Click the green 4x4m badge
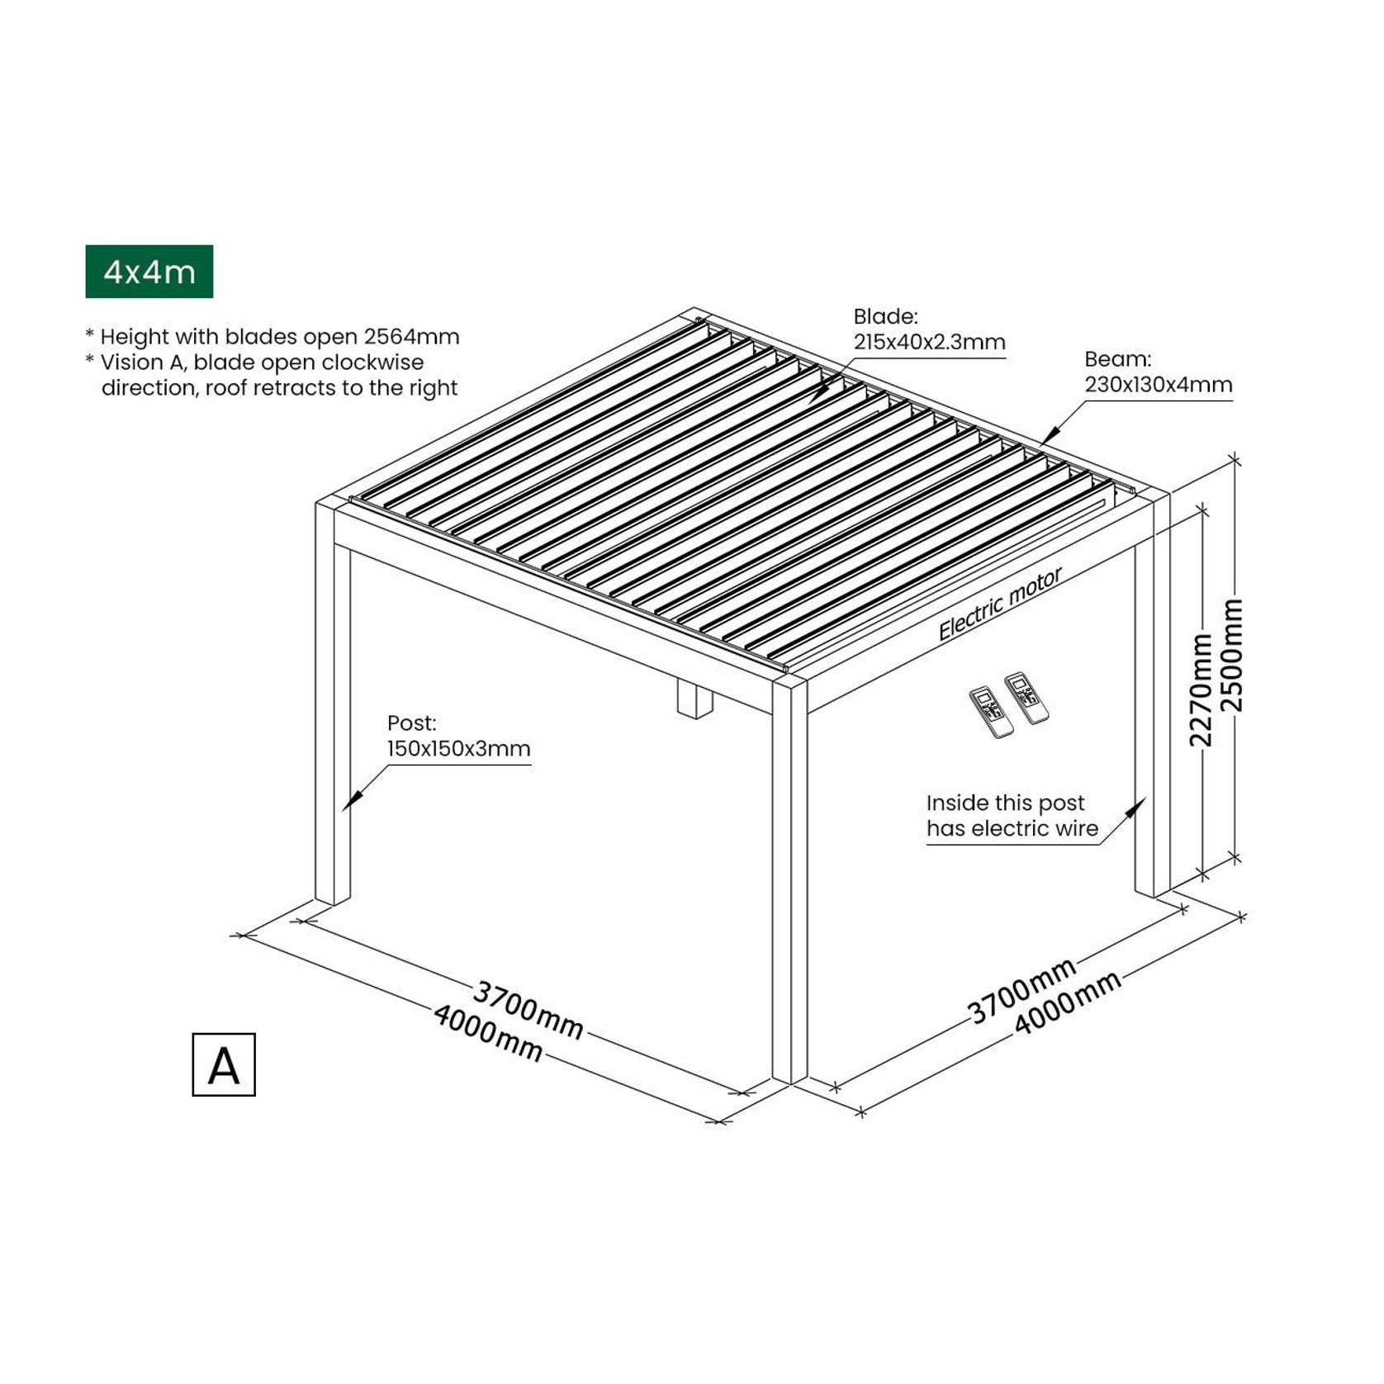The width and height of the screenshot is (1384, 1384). (149, 271)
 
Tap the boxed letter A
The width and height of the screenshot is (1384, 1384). (224, 1065)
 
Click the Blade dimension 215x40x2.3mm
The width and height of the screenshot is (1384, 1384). (929, 342)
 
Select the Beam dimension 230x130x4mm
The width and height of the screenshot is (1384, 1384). (1158, 384)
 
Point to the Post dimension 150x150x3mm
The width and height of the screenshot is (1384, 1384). (458, 748)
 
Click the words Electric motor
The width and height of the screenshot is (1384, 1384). (1000, 604)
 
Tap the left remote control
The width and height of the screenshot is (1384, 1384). (991, 711)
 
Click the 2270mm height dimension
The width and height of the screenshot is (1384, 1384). (1202, 690)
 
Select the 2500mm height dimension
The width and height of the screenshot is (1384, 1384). (1231, 655)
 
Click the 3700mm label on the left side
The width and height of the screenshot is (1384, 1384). (528, 1008)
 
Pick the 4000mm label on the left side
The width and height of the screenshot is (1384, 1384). (488, 1032)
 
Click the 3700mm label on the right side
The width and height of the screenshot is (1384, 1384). (1021, 990)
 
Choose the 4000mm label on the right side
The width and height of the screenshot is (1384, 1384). (1067, 1002)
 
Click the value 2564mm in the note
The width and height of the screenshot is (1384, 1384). (411, 337)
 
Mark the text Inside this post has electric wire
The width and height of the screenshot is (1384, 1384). (1012, 815)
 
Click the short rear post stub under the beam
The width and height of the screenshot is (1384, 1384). (694, 698)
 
